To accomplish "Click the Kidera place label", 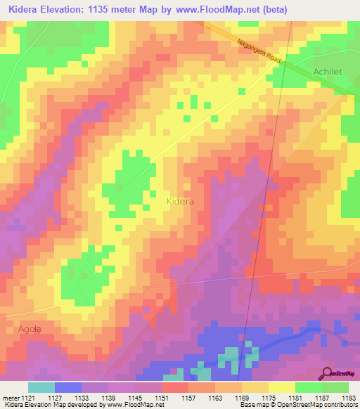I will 180,201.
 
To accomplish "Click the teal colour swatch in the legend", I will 41,387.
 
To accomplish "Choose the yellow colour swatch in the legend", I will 281,387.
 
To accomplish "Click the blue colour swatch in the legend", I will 67,387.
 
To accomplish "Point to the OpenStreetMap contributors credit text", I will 316,405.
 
